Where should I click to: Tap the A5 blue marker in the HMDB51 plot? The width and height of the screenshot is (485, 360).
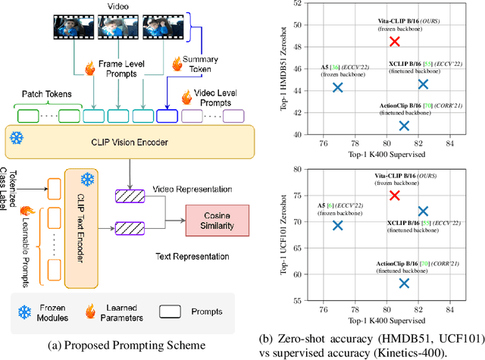(x=337, y=88)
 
